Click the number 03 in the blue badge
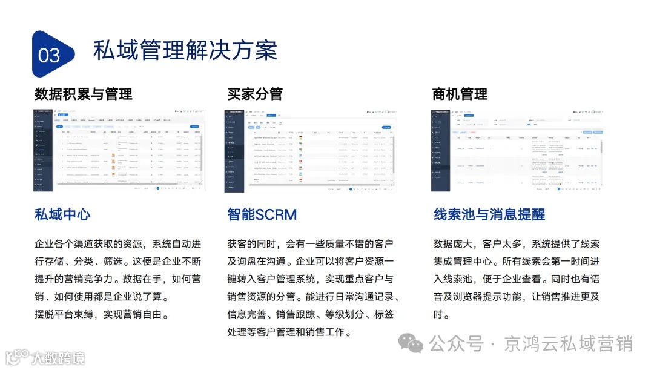pos(49,55)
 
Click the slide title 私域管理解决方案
pos(185,50)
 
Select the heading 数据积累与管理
pos(84,94)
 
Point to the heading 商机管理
pos(460,94)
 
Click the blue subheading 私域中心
pos(62,214)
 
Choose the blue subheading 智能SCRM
pos(262,214)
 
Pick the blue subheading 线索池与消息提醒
pos(489,214)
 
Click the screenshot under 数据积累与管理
pos(119,150)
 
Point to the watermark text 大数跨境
pos(58,357)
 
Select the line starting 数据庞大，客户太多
pos(517,244)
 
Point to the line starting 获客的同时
pos(311,244)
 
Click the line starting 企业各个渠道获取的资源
pos(118,244)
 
